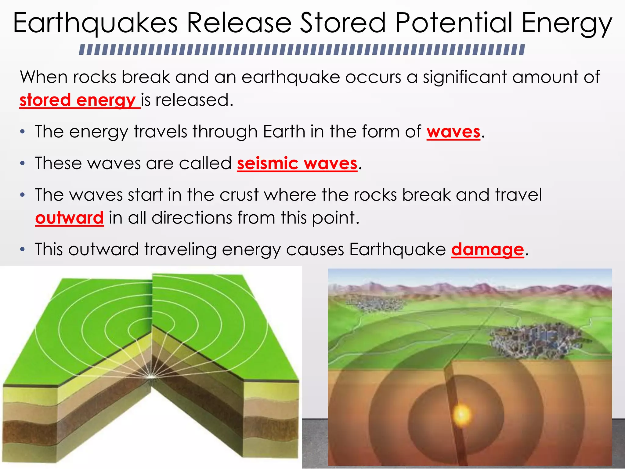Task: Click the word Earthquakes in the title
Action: point(95,24)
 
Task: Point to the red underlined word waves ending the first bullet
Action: point(453,132)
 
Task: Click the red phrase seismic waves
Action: point(297,163)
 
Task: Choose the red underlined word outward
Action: point(69,218)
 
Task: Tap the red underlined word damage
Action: point(487,249)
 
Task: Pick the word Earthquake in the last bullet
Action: point(397,249)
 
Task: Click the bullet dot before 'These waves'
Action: point(22,164)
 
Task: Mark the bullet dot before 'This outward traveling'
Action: point(22,250)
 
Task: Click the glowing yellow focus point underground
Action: point(462,415)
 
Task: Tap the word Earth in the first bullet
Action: point(284,132)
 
